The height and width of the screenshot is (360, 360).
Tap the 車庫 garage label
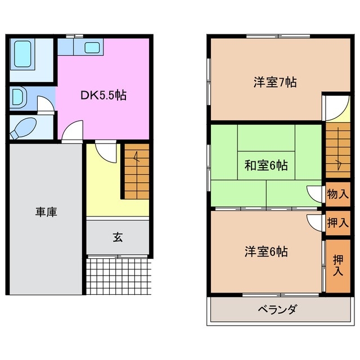[x=46, y=213]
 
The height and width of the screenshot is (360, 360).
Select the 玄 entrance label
[x=118, y=237]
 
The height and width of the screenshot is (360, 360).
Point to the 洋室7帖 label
[x=274, y=83]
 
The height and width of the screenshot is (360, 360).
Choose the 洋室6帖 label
[x=266, y=251]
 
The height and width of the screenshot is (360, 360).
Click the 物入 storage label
[x=337, y=195]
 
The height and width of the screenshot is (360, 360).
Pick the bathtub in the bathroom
[x=24, y=54]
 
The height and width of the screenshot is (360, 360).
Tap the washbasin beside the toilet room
[x=18, y=96]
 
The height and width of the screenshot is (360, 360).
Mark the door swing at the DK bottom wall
[x=71, y=133]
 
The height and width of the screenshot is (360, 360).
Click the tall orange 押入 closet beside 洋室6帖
[x=337, y=265]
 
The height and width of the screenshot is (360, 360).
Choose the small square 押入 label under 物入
[x=337, y=222]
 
